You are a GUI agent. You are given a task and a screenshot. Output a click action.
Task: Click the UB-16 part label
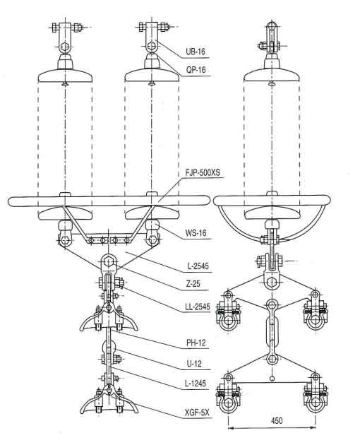(x=196, y=52)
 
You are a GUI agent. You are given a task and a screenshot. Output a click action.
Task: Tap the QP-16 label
(x=196, y=69)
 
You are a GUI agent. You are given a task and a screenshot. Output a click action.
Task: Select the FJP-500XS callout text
(x=203, y=172)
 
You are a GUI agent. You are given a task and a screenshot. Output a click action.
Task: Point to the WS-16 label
(x=196, y=233)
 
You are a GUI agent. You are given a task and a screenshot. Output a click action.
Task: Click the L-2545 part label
(x=198, y=266)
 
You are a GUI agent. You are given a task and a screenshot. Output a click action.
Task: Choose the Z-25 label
(x=193, y=283)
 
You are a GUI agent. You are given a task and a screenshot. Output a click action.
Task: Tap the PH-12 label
(x=196, y=343)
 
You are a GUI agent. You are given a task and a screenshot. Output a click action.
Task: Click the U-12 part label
(x=194, y=363)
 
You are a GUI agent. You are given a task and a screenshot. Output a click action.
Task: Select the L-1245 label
(x=196, y=384)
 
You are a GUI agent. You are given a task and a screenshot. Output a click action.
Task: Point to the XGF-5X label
(x=197, y=413)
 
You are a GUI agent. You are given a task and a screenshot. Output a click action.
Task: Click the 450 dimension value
(x=276, y=420)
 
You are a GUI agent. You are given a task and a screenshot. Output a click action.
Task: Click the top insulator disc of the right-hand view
(x=272, y=75)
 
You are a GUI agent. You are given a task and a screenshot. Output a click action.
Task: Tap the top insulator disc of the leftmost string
(x=65, y=75)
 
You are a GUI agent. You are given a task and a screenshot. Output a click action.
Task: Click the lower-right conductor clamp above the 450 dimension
(x=315, y=394)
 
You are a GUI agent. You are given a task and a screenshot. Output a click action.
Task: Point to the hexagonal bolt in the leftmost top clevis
(x=65, y=47)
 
